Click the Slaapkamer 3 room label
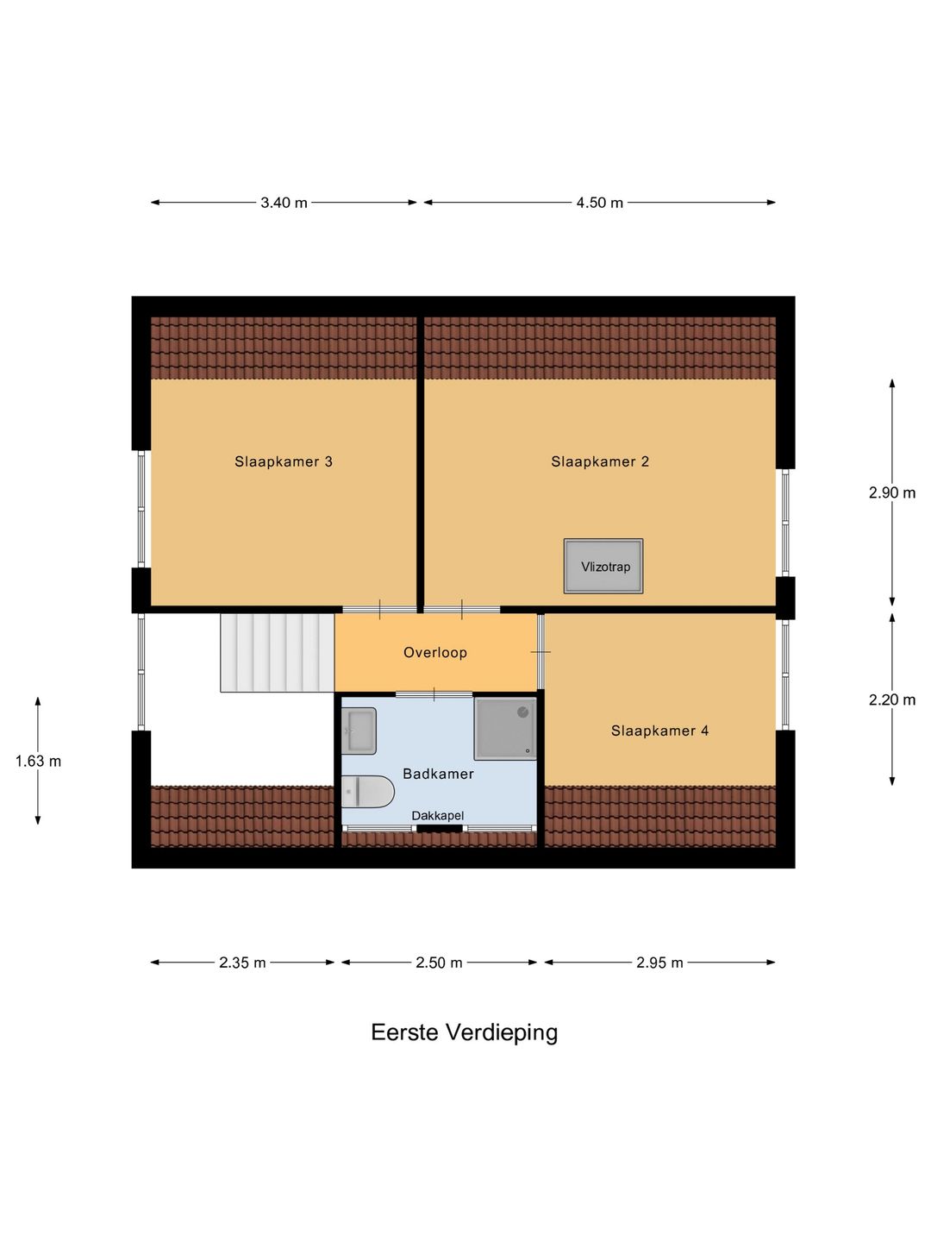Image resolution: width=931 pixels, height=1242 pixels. coord(284,461)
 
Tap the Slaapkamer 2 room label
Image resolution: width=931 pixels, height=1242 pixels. coord(600,461)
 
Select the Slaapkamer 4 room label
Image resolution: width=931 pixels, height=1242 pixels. coord(659,731)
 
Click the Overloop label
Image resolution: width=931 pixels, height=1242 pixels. coord(435,653)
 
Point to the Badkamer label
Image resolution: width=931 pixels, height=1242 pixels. coord(438,774)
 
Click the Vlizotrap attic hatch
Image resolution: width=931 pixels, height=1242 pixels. coord(603,567)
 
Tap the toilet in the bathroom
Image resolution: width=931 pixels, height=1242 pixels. coord(366,792)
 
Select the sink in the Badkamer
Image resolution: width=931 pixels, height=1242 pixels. coord(359,731)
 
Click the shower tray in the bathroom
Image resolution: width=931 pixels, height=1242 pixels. coord(505,728)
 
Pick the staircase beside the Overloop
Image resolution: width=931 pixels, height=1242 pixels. coord(277,652)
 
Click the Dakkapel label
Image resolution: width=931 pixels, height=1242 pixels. coord(437,816)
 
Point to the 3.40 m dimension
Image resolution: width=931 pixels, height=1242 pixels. coord(284,203)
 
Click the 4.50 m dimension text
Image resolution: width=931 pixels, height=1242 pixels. coord(599,203)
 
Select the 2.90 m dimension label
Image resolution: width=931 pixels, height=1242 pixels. coord(891,492)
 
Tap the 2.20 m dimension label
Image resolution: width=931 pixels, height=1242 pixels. coord(891,699)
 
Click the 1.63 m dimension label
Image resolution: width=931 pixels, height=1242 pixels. coord(38,761)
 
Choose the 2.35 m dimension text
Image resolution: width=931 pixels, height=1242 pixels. coord(242,963)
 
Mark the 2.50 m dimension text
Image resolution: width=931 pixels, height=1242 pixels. coord(439,963)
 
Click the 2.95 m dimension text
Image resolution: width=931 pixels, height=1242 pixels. coord(659,963)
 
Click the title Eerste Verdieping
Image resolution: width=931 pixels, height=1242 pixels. coord(464,1032)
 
